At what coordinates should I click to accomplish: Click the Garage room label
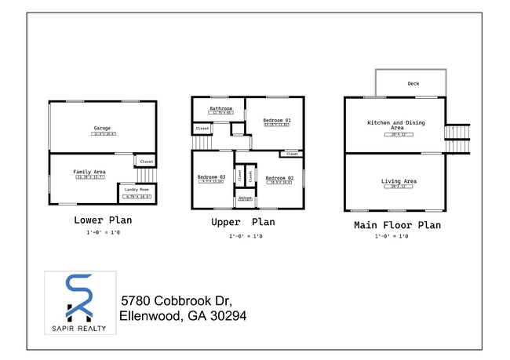pos(102,127)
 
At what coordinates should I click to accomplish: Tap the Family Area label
pos(91,171)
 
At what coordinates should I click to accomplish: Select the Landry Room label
pos(137,190)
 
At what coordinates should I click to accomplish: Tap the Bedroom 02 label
pos(279,178)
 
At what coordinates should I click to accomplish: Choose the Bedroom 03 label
pos(212,177)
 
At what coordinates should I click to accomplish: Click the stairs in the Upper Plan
pos(202,142)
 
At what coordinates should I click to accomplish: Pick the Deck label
pos(413,83)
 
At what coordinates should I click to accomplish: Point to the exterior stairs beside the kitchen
pos(457,140)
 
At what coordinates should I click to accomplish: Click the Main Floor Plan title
pos(397,224)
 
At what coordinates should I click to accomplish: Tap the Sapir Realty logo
pos(80,301)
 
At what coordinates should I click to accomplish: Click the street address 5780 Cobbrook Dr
pos(176,301)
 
